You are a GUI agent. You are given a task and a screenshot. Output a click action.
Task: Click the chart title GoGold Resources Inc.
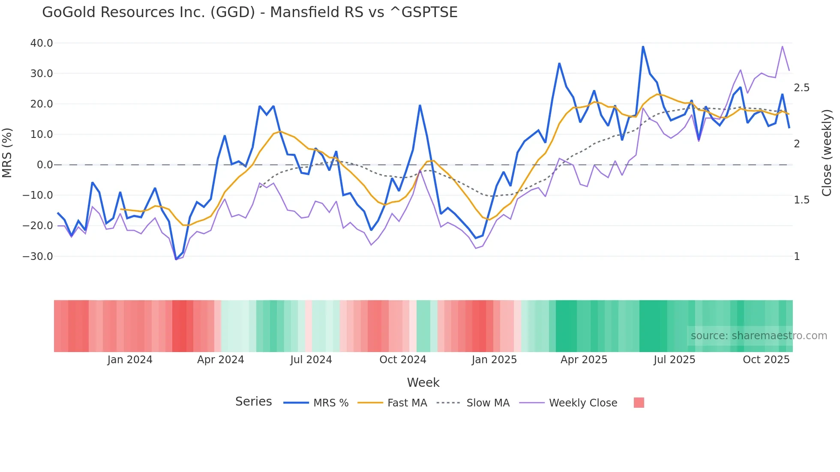(x=249, y=12)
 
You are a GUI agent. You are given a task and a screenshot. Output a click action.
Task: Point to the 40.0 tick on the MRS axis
(x=42, y=43)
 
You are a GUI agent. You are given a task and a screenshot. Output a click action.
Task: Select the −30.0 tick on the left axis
(x=38, y=257)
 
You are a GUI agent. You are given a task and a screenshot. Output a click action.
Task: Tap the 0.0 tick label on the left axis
(x=45, y=165)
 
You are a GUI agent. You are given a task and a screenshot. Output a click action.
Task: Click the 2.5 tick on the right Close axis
(x=801, y=88)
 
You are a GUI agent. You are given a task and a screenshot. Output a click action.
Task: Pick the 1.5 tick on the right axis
(x=801, y=200)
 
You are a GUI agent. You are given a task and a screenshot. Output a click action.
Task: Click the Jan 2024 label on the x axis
(x=129, y=360)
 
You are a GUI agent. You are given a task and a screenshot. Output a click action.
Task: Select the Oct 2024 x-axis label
(x=402, y=360)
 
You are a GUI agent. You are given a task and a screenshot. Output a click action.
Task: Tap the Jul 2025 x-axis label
(x=674, y=360)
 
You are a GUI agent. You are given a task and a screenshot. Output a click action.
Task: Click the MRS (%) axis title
(x=7, y=153)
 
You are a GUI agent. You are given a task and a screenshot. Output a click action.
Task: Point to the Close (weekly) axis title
(x=827, y=153)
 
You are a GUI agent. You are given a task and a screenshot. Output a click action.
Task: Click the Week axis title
(x=423, y=382)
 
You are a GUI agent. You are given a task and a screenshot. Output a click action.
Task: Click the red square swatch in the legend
(x=639, y=403)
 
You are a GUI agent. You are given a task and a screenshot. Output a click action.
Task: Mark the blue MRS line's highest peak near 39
(x=643, y=47)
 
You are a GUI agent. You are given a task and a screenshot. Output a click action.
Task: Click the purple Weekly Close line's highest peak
(x=782, y=47)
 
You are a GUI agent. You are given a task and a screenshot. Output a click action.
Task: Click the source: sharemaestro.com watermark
(x=759, y=336)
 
